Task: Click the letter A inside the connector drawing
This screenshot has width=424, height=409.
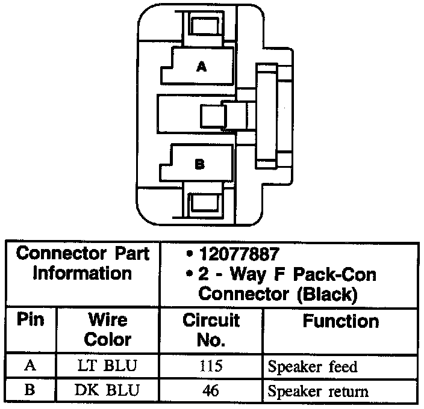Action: [x=201, y=68]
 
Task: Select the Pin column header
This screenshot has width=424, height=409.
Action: [x=31, y=319]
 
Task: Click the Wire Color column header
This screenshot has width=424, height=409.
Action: [x=107, y=328]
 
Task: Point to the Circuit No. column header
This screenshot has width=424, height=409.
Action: [x=211, y=330]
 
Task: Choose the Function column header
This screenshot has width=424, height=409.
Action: [x=340, y=321]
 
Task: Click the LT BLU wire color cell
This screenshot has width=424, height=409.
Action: [x=107, y=366]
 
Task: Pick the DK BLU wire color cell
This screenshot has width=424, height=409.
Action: [x=107, y=391]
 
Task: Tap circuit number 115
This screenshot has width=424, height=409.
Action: [x=211, y=366]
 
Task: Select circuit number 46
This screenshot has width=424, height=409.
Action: [x=211, y=391]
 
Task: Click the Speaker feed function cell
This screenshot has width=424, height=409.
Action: [x=312, y=367]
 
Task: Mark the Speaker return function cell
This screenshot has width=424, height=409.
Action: [x=317, y=392]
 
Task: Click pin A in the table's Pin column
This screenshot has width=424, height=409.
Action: [x=30, y=366]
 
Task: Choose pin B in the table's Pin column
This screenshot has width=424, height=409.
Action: [x=30, y=391]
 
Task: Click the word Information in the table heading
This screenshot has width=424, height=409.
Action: [x=82, y=273]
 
